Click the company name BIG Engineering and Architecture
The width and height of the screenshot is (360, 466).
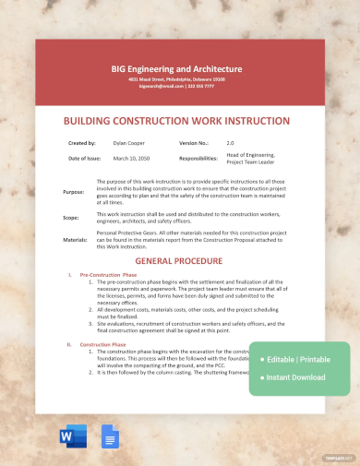tap(176, 68)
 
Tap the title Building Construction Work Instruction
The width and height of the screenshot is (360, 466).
tap(176, 120)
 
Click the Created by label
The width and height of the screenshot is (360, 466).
tap(82, 143)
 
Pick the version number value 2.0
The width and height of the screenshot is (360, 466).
tap(231, 143)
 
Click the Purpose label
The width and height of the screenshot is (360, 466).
tap(73, 194)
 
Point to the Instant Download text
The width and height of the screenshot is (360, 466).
tap(296, 376)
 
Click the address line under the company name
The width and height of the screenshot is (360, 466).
tap(176, 80)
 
